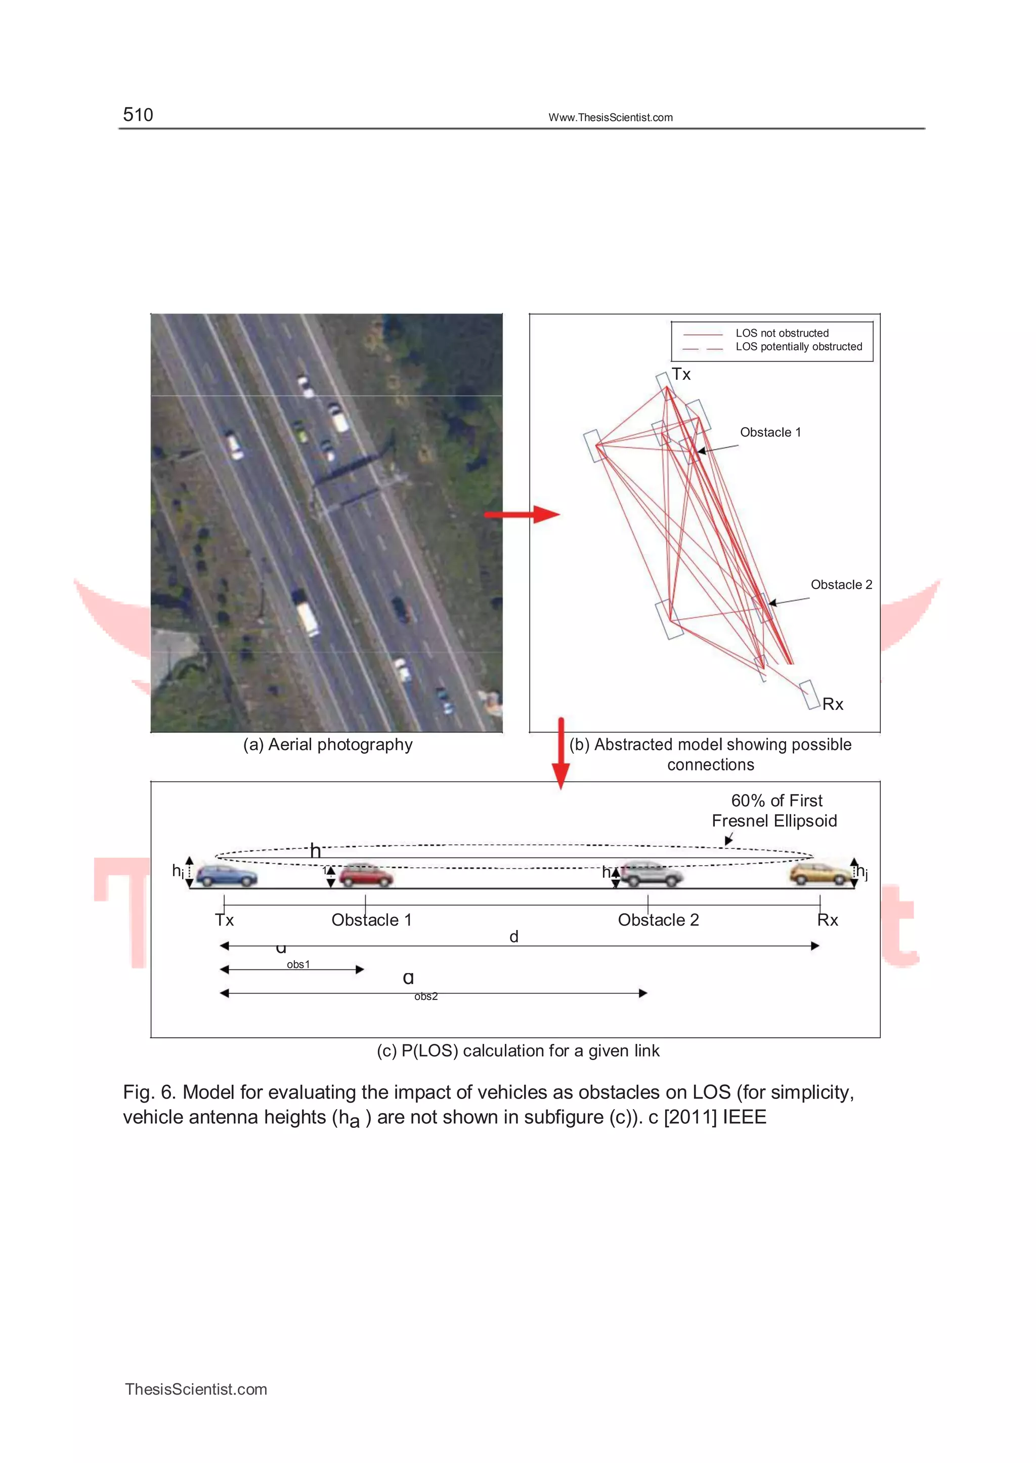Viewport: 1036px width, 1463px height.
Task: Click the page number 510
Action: (x=138, y=115)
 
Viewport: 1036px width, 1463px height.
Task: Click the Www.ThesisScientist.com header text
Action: (x=610, y=117)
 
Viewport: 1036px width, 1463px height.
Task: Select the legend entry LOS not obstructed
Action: (x=782, y=333)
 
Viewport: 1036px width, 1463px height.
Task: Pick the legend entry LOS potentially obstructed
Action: (x=798, y=347)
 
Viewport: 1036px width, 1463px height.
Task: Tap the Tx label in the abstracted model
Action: (x=681, y=374)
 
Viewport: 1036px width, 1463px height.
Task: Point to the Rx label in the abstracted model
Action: (x=833, y=704)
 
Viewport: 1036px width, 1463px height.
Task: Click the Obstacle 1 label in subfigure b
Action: (x=770, y=432)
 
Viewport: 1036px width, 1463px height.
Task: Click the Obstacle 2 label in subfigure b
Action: (x=841, y=585)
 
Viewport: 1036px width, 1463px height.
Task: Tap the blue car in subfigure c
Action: (x=227, y=875)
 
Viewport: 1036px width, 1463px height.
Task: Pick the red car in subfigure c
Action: (x=366, y=876)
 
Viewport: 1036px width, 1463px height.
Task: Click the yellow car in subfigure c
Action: (x=819, y=874)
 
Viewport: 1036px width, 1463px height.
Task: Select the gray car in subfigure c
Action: (x=651, y=874)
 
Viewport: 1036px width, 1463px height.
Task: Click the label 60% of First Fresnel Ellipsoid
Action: (x=774, y=810)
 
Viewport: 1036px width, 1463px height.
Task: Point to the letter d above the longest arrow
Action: (x=513, y=937)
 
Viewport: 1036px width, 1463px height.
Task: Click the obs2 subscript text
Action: (x=425, y=996)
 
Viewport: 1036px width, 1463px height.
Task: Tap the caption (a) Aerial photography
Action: (x=327, y=744)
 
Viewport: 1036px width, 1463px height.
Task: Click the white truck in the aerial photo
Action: (x=307, y=617)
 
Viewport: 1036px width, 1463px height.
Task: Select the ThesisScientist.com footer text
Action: (x=196, y=1389)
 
